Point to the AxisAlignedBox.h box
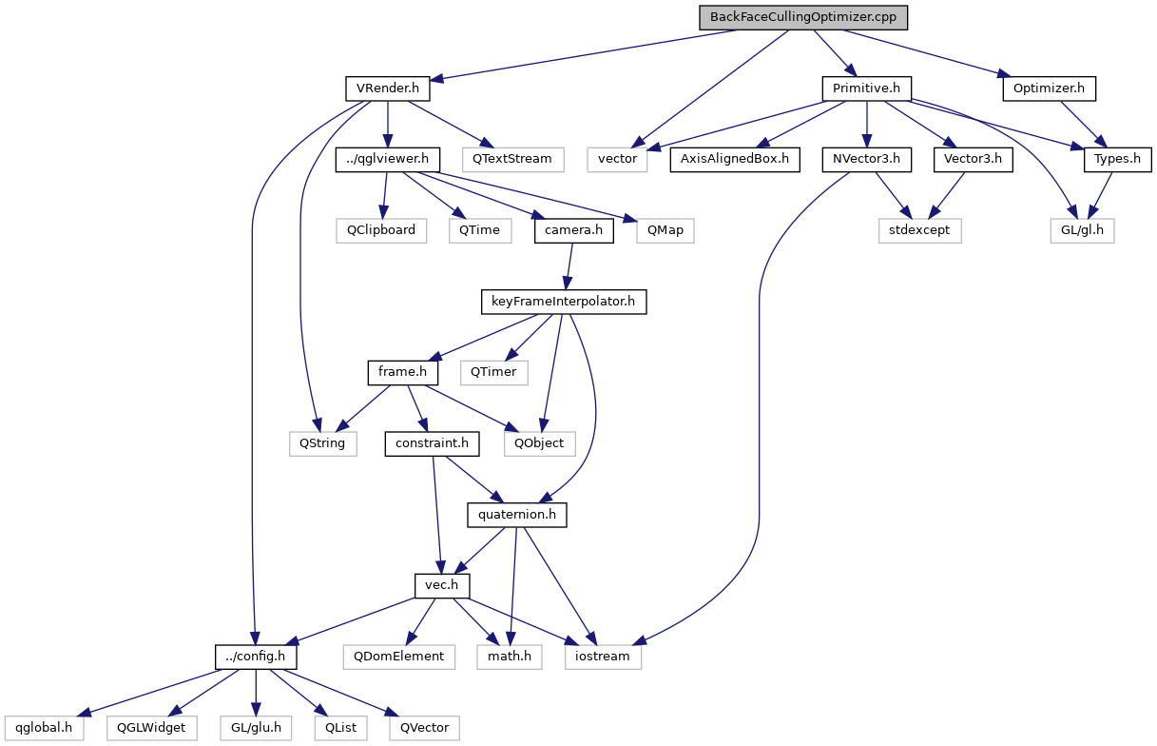(x=734, y=158)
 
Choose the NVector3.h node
(x=865, y=158)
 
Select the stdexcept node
(x=919, y=229)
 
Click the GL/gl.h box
(x=1081, y=229)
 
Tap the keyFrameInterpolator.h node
(x=564, y=302)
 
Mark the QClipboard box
(x=380, y=229)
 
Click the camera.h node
(x=573, y=229)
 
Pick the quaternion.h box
(x=516, y=515)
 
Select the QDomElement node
(x=399, y=656)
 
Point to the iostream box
(x=604, y=656)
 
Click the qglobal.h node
(x=44, y=727)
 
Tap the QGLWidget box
(x=152, y=727)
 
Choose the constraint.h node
(x=433, y=443)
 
